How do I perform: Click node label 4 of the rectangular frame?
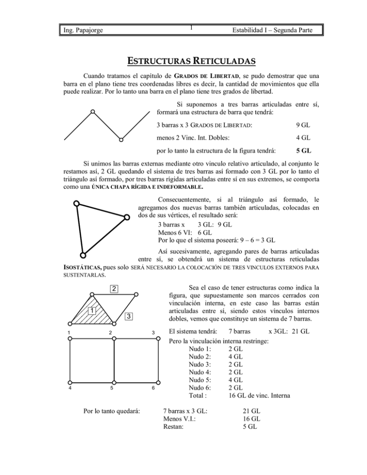pos(71,388)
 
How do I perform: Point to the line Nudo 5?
pos(201,380)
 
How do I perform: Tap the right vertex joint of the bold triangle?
pos(127,217)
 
